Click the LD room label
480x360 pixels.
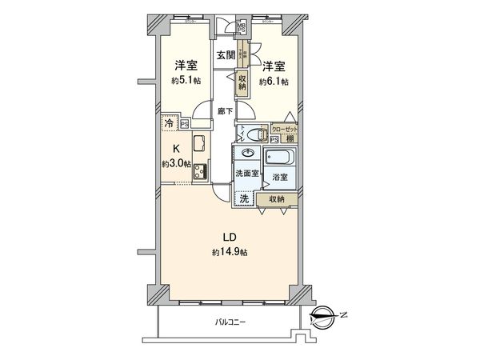tap(227, 238)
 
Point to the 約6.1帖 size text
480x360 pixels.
tap(274, 81)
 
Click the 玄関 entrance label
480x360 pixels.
tap(225, 54)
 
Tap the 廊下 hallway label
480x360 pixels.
tap(225, 113)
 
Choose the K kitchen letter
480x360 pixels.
tap(176, 148)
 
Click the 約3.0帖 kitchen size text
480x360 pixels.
tap(176, 163)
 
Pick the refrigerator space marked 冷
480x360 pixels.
tap(169, 124)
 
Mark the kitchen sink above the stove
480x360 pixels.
tap(200, 146)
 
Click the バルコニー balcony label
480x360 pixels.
tap(230, 322)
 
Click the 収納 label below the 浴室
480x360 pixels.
tap(276, 198)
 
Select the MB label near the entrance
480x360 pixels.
tap(240, 27)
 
